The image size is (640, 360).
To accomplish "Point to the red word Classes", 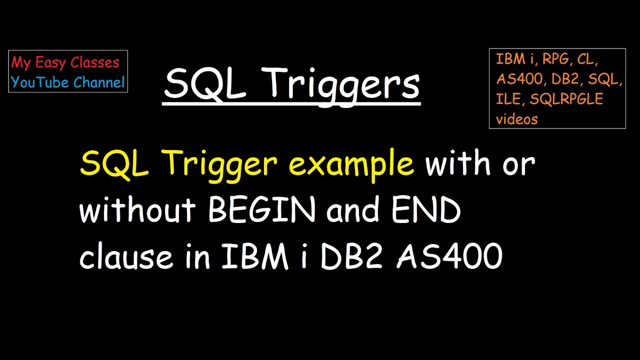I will [95, 62].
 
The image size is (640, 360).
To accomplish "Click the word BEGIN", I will [261, 210].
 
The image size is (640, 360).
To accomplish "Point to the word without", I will [137, 210].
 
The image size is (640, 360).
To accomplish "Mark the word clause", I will [125, 257].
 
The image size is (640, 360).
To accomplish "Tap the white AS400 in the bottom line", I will [449, 257].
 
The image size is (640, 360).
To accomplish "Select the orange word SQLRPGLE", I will [566, 99].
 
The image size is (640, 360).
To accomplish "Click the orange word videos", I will [517, 119].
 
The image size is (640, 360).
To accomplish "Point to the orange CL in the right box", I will [587, 59].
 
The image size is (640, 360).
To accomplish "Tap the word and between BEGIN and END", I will [353, 210].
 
